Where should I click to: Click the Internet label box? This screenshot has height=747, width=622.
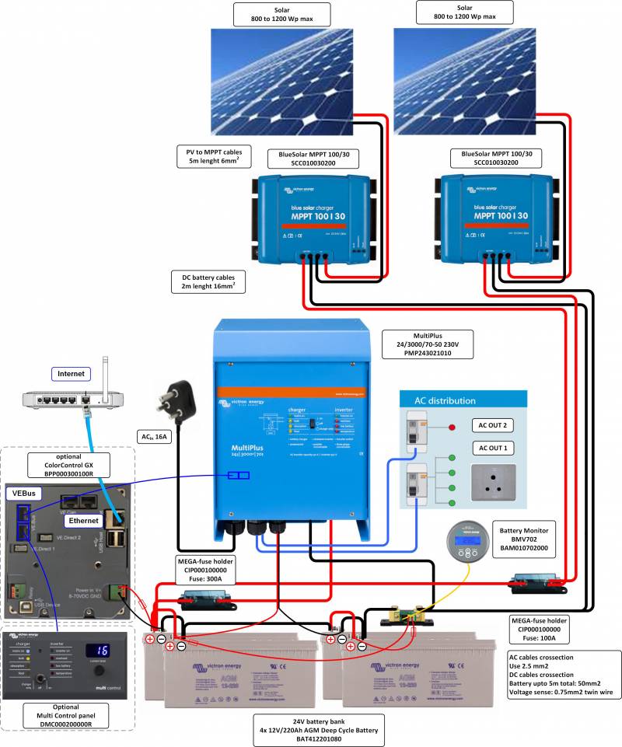tap(72, 374)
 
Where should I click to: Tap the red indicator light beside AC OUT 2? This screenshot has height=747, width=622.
tap(451, 427)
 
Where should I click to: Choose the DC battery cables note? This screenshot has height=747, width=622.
tap(208, 281)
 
